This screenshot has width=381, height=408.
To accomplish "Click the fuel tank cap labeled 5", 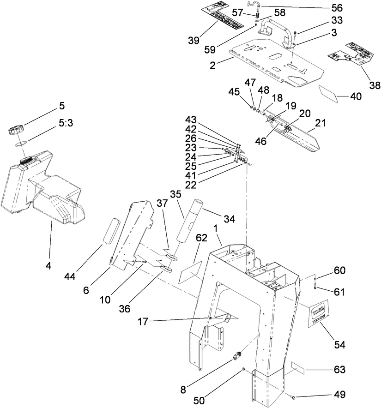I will pyautogui.click(x=17, y=129).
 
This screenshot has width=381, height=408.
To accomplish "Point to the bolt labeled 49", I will pyautogui.click(x=293, y=397).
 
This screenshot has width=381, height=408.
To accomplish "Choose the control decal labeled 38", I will pyautogui.click(x=351, y=53).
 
